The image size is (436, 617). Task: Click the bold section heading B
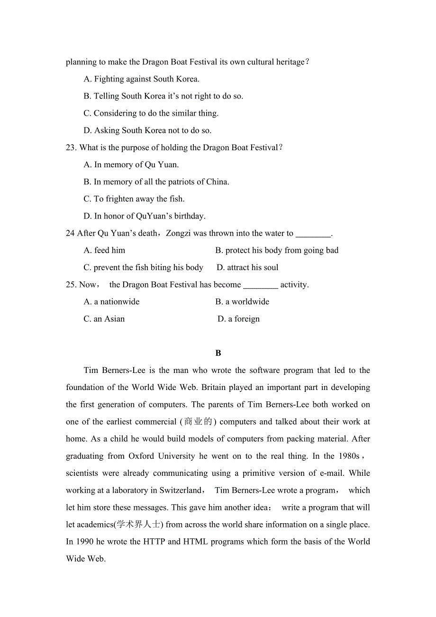[218, 353]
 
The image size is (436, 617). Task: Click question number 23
[71, 148]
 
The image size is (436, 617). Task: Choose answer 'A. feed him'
[104, 250]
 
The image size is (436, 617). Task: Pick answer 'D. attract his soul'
[247, 268]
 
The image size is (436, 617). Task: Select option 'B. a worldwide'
[242, 302]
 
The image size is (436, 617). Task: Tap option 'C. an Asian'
[104, 319]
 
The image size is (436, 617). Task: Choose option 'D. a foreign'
[238, 319]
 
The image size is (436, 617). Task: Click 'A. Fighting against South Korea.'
[141, 79]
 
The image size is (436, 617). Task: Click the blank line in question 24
[313, 234]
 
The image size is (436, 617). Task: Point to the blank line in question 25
[260, 285]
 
